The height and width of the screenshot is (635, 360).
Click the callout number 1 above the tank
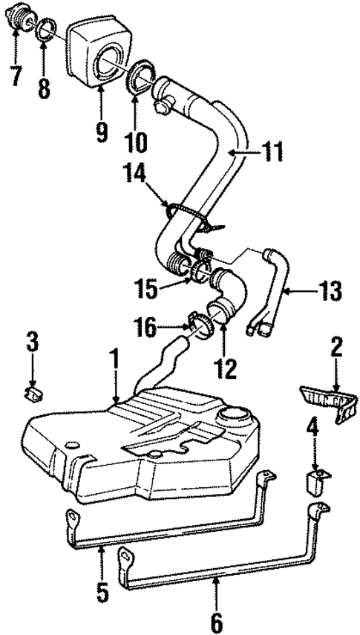[x=116, y=363]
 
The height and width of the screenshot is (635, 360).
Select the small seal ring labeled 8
[x=43, y=30]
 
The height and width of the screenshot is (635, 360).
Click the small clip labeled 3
[x=33, y=391]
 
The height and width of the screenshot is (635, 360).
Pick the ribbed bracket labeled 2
[x=324, y=401]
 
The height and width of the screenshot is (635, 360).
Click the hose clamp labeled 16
[x=199, y=323]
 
